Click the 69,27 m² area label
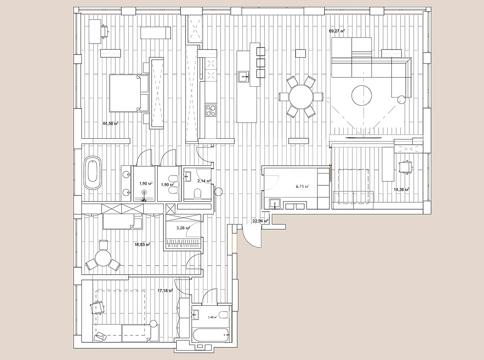(337, 31)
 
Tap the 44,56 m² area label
(111, 123)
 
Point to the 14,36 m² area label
(401, 189)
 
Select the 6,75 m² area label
(302, 187)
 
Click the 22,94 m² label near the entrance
(260, 221)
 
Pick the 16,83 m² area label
(142, 244)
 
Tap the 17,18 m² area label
(165, 290)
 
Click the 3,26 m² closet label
(183, 228)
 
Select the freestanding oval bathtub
(93, 173)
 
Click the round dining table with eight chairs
(301, 97)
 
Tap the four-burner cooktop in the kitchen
(211, 110)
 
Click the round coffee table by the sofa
(361, 96)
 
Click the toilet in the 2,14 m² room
(198, 194)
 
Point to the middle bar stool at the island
(261, 63)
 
